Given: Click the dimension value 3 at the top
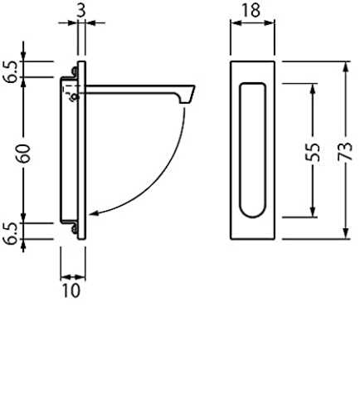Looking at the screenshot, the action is [x=81, y=11].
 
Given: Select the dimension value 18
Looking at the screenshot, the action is [x=251, y=11].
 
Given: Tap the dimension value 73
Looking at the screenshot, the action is [x=345, y=151].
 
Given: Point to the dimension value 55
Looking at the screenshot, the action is [x=313, y=152].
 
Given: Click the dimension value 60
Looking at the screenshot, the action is [x=23, y=154].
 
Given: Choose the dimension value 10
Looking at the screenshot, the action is [x=71, y=290].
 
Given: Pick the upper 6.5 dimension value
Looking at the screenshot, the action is [x=12, y=71].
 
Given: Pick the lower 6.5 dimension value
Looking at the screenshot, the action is [x=12, y=233].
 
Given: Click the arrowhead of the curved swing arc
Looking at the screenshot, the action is [x=94, y=213].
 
